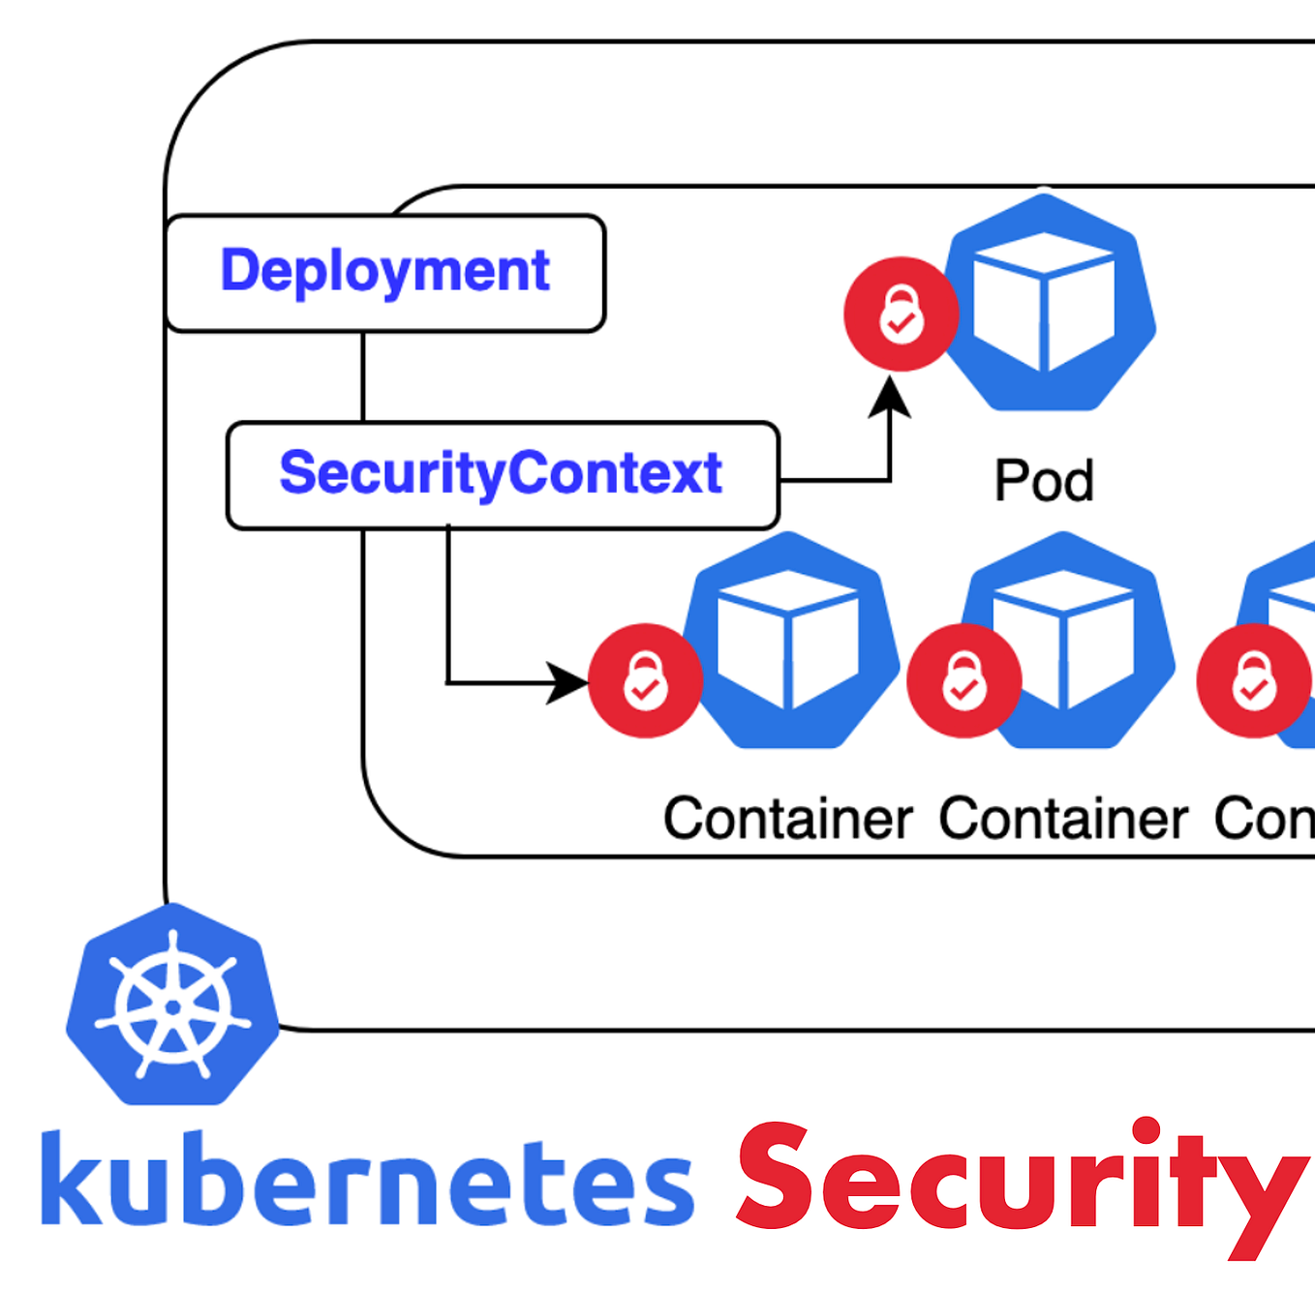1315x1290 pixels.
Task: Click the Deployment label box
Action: pos(385,272)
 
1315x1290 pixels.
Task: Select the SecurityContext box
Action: pos(502,474)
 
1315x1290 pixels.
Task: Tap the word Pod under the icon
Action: pos(1044,481)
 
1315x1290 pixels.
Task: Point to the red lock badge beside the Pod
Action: pos(901,314)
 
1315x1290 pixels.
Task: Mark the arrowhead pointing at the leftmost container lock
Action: pos(567,682)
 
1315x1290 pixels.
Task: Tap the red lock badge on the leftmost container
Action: pos(645,680)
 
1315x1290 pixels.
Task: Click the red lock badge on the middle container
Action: pos(963,680)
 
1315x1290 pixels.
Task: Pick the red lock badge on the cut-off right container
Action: pos(1253,680)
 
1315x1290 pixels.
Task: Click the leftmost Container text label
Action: pos(787,819)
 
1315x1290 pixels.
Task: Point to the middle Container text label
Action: pos(1063,819)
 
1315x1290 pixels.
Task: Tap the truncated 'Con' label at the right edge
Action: pos(1264,819)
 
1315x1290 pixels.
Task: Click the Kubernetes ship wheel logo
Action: pos(172,1005)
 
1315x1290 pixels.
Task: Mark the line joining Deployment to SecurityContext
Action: pos(363,376)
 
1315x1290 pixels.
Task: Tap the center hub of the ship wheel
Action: pos(172,1007)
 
